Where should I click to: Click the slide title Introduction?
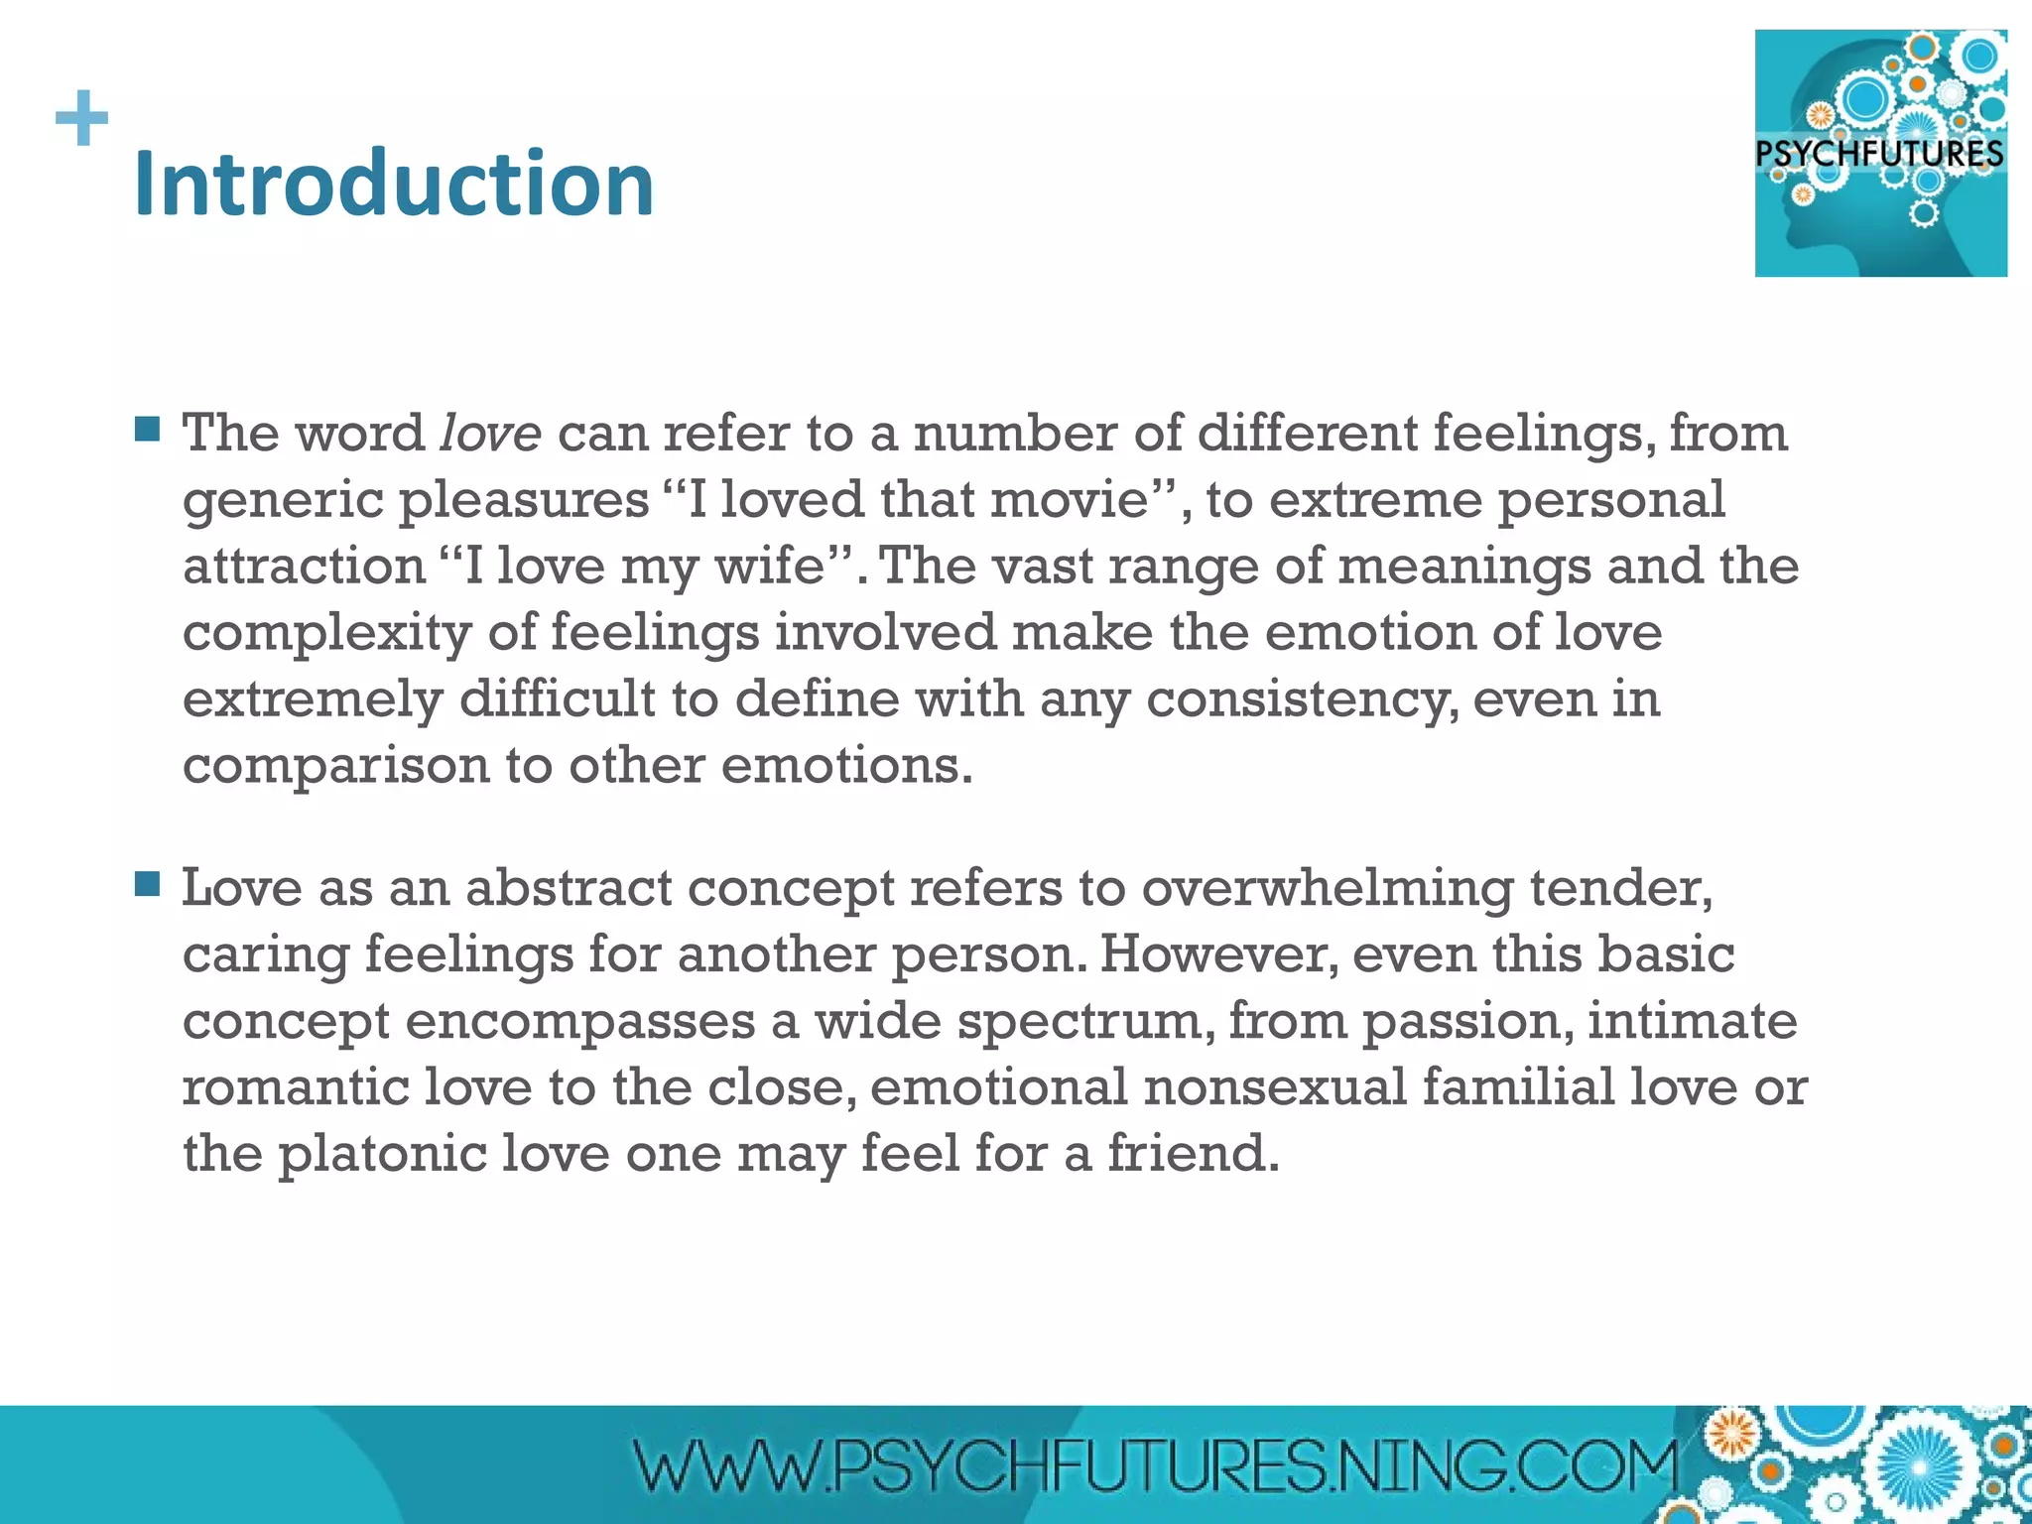tap(393, 185)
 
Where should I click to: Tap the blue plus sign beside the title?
tap(82, 118)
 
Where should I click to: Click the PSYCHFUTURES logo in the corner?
tap(1880, 153)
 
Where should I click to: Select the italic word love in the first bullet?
tap(490, 434)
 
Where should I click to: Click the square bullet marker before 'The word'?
tap(147, 429)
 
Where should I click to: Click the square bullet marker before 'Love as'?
tap(147, 883)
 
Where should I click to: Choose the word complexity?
tap(326, 634)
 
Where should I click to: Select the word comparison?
tap(336, 767)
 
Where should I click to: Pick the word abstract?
tap(569, 887)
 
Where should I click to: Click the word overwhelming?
tap(1328, 889)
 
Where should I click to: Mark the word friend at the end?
tap(1193, 1153)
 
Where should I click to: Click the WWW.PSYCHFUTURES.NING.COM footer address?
tap(1155, 1465)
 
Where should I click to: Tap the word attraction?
tap(305, 566)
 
